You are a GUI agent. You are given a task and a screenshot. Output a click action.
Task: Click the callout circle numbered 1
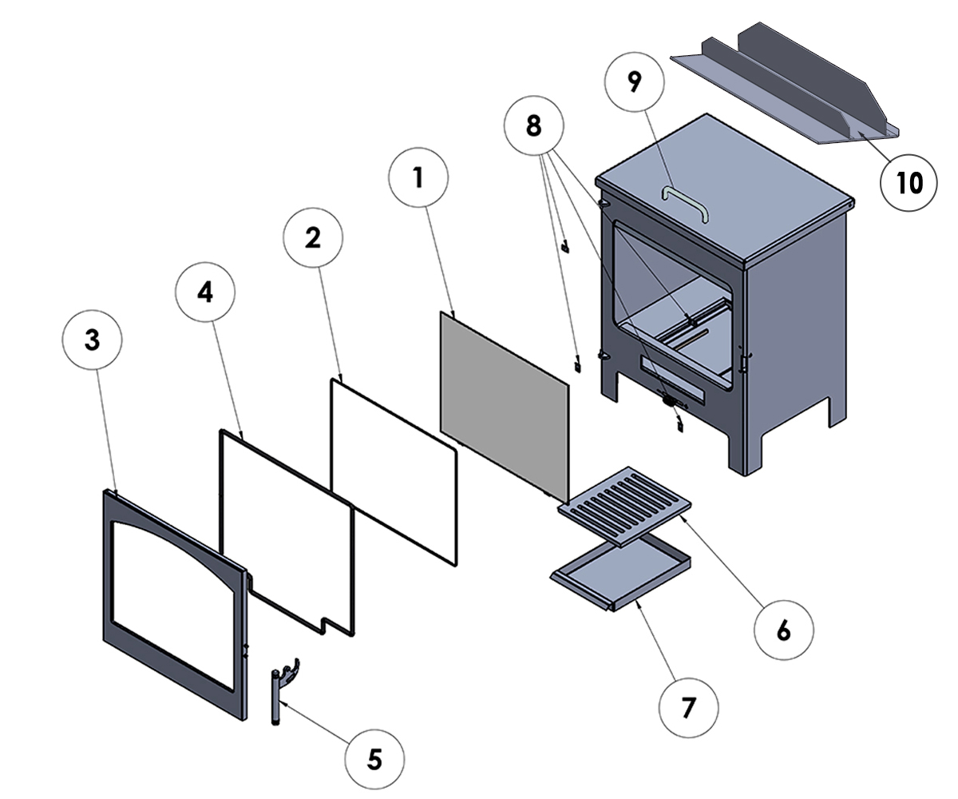[418, 178]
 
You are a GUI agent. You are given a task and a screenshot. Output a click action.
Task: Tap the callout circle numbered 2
[313, 237]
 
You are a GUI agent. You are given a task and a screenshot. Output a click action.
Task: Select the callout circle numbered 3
[93, 340]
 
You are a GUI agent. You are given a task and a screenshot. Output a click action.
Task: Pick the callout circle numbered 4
[205, 292]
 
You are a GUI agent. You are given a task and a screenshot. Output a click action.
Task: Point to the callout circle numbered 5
[374, 758]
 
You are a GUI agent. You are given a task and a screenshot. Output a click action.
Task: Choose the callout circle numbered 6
[783, 630]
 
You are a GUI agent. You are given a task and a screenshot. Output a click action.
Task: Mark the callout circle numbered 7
[688, 706]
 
